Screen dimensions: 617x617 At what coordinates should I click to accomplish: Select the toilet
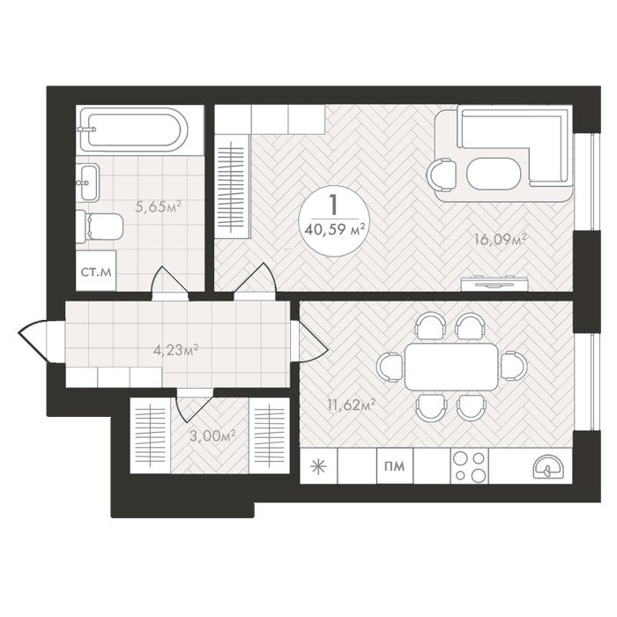tap(100, 227)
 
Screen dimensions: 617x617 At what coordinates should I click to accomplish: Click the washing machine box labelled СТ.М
tap(96, 271)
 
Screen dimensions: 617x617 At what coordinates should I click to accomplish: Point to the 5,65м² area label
tap(158, 206)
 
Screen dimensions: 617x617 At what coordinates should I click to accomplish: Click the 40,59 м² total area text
tap(334, 229)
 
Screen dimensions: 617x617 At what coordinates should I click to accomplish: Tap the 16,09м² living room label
tap(500, 239)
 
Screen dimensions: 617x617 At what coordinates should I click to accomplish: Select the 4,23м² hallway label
tap(175, 350)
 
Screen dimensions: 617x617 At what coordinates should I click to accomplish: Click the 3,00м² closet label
tap(212, 436)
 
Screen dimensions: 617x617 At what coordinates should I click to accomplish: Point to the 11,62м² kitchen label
tap(351, 405)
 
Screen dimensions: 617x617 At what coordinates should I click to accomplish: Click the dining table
tap(451, 367)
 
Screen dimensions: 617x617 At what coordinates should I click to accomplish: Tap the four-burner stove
tap(470, 466)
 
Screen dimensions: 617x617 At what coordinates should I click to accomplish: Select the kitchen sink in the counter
tap(548, 467)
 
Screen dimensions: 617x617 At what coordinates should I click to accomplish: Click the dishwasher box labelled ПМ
tap(395, 466)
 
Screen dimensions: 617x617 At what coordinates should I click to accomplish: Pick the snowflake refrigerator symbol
tap(318, 466)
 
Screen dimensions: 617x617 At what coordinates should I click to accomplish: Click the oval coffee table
tap(494, 174)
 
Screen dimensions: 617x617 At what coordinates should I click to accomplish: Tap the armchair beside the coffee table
tap(442, 175)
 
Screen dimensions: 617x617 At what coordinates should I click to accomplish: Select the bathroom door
tap(169, 282)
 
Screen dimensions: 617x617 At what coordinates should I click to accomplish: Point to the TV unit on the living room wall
tap(494, 284)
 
